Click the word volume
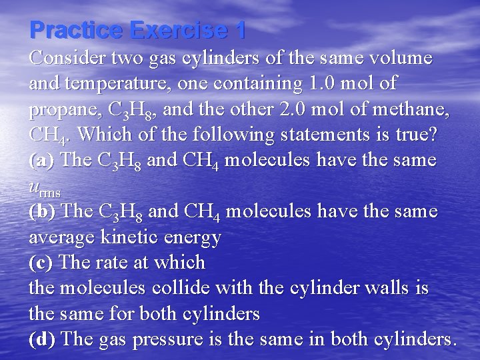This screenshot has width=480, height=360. click(399, 59)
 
